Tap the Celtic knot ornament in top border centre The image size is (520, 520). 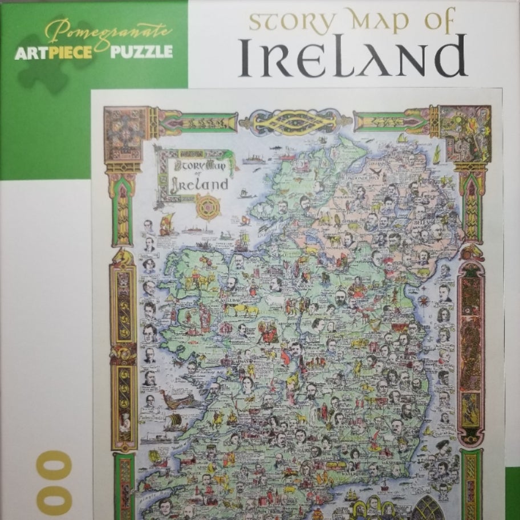(x=296, y=121)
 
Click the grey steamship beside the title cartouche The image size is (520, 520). (x=254, y=160)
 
